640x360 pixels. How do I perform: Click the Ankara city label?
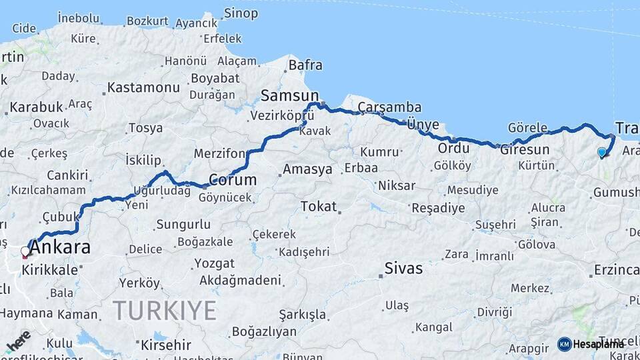(x=60, y=248)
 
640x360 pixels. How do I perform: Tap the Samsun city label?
(x=289, y=95)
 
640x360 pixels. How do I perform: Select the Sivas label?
(x=403, y=268)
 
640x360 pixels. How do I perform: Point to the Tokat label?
(x=318, y=206)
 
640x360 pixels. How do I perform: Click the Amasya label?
(x=307, y=169)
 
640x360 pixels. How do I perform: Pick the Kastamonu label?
(x=143, y=87)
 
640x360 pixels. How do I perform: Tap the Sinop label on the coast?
(x=241, y=13)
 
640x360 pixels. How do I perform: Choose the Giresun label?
(x=529, y=149)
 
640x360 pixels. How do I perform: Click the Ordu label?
(x=454, y=148)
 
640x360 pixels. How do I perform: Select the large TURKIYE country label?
(x=165, y=310)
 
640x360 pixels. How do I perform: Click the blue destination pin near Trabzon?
(x=602, y=153)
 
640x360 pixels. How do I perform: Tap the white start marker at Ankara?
(x=25, y=252)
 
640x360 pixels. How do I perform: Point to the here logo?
(x=18, y=340)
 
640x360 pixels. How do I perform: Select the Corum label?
(x=233, y=180)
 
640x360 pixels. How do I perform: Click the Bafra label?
(x=305, y=65)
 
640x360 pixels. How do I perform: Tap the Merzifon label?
(x=219, y=154)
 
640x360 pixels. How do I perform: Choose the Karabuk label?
(x=37, y=107)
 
